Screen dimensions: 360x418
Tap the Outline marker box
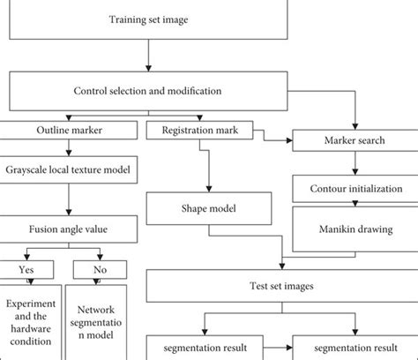pos(65,132)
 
